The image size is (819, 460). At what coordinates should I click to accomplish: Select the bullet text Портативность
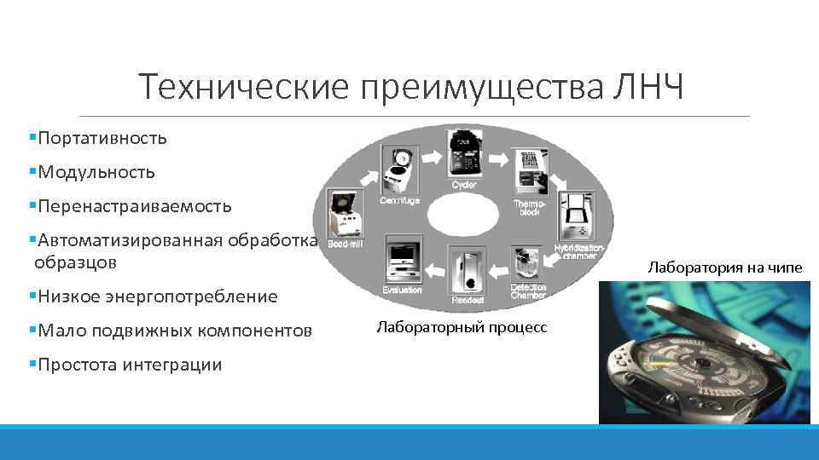[x=102, y=137]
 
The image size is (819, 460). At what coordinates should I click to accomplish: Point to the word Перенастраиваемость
[x=132, y=206]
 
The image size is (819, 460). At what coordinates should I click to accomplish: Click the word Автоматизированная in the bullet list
[x=128, y=241]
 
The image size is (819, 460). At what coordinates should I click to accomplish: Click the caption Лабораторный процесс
[x=462, y=327]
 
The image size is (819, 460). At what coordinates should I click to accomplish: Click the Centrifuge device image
[x=398, y=165]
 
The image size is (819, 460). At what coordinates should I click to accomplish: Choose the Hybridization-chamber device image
[x=578, y=215]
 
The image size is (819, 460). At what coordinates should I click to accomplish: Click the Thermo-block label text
[x=526, y=207]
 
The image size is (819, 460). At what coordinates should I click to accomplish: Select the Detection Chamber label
[x=528, y=291]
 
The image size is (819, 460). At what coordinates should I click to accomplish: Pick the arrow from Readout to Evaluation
[x=434, y=270]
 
